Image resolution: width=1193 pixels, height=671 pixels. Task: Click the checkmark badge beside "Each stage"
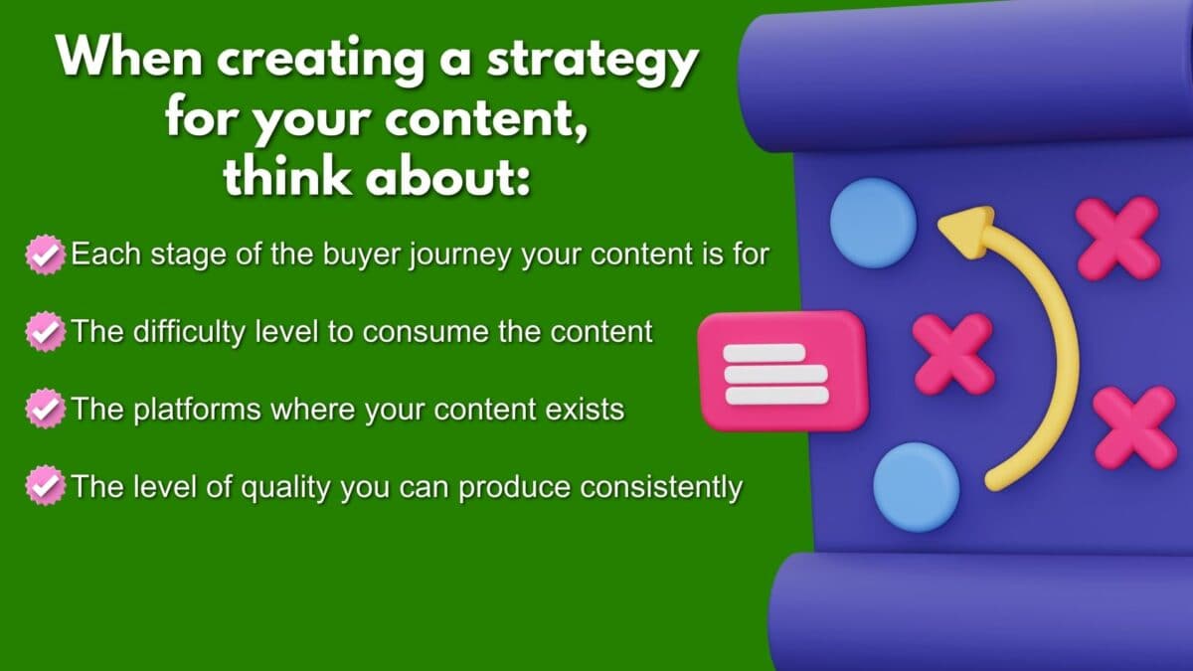[x=43, y=253]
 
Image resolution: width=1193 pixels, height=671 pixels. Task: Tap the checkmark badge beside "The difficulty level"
[x=43, y=331]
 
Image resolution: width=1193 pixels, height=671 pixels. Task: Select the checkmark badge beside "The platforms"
[x=43, y=409]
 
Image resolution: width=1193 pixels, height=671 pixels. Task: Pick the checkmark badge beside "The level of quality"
[x=43, y=486]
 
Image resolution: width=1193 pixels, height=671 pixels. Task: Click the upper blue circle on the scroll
[x=872, y=223]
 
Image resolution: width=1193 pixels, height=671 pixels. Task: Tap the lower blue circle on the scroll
[x=916, y=487]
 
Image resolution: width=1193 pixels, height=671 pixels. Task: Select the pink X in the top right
[x=1117, y=238]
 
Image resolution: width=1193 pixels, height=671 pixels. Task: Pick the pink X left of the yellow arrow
[x=953, y=353]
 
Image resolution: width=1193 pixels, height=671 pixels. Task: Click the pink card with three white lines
[x=783, y=371]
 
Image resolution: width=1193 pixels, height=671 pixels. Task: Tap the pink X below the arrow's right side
[x=1134, y=426]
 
